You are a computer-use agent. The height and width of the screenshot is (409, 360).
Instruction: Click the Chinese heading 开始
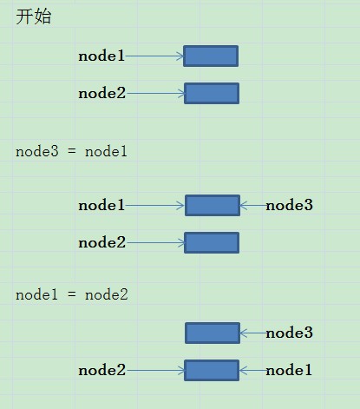click(x=34, y=16)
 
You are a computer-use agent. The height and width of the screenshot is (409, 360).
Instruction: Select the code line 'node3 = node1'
click(x=71, y=151)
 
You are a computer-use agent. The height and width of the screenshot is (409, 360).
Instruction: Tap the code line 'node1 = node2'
click(x=72, y=295)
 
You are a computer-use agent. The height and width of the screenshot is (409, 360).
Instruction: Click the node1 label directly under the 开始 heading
click(x=101, y=56)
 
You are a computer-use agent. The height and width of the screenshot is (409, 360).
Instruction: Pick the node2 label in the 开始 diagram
click(x=102, y=93)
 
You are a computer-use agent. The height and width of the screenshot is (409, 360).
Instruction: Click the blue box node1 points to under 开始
click(x=211, y=56)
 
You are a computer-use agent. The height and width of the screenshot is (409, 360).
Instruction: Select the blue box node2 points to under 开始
click(x=212, y=93)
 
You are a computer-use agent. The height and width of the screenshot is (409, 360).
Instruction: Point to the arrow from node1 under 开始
click(x=154, y=56)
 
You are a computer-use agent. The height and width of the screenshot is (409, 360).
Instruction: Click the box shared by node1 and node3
click(x=213, y=205)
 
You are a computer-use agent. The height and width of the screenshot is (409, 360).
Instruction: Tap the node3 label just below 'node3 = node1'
click(x=289, y=205)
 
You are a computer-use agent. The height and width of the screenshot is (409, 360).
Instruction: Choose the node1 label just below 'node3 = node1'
click(x=101, y=205)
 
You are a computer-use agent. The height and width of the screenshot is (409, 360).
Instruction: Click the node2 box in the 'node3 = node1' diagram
click(x=212, y=242)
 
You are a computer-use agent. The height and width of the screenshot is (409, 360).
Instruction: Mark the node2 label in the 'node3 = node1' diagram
click(x=102, y=242)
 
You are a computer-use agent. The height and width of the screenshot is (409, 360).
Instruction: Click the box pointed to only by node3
click(x=213, y=333)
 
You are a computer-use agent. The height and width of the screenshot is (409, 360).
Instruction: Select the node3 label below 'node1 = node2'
click(x=289, y=333)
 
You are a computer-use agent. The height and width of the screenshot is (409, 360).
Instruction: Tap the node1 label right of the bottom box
click(x=289, y=370)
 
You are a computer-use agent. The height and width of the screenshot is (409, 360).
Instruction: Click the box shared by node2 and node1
click(x=212, y=370)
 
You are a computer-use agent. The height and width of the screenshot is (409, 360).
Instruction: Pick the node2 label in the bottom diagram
click(x=102, y=370)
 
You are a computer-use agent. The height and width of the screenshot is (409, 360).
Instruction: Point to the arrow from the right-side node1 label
click(x=253, y=370)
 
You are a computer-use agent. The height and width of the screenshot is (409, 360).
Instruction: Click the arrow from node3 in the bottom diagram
click(x=253, y=333)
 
